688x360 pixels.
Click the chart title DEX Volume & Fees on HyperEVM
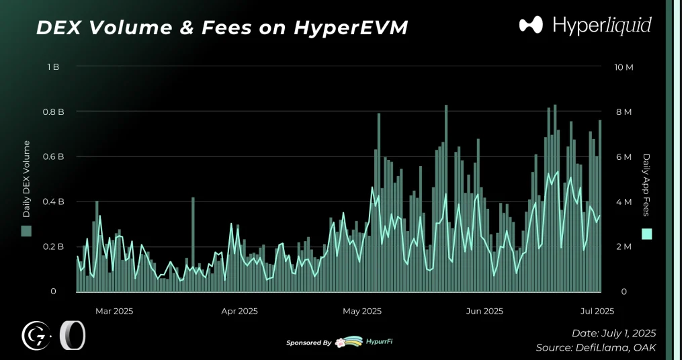coord(221,28)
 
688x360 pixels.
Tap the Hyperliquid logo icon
coord(531,26)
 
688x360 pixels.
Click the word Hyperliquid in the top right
coord(601,26)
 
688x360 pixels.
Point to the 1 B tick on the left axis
coord(53,67)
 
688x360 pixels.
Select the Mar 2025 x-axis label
coord(114,311)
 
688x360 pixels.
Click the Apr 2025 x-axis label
coord(239,311)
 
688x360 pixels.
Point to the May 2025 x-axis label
coord(362,311)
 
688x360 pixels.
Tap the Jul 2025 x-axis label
coord(597,311)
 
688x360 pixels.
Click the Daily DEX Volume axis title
coord(27,179)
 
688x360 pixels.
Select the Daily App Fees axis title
coord(647,185)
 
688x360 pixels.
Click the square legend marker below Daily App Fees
coord(647,234)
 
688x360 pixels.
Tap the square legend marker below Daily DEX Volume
coord(27,231)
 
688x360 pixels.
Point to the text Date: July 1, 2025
coord(613,333)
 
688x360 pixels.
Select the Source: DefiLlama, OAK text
coord(595,348)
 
